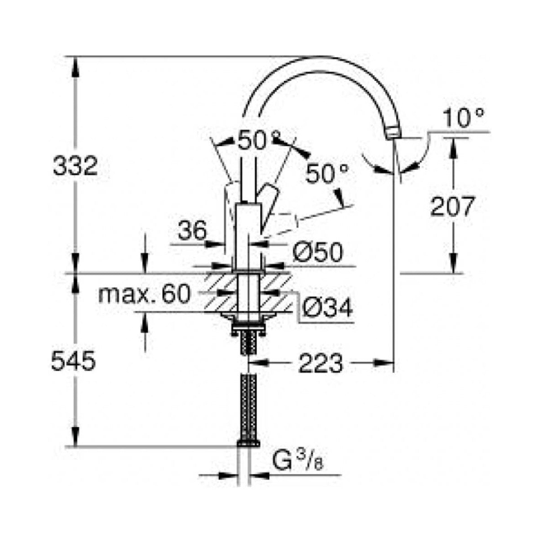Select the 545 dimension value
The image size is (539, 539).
pyautogui.click(x=73, y=361)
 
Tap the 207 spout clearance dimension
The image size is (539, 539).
pyautogui.click(x=452, y=207)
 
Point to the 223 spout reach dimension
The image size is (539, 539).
pyautogui.click(x=320, y=363)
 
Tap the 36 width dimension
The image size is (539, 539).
pyautogui.click(x=192, y=231)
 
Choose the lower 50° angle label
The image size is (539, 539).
pyautogui.click(x=327, y=173)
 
